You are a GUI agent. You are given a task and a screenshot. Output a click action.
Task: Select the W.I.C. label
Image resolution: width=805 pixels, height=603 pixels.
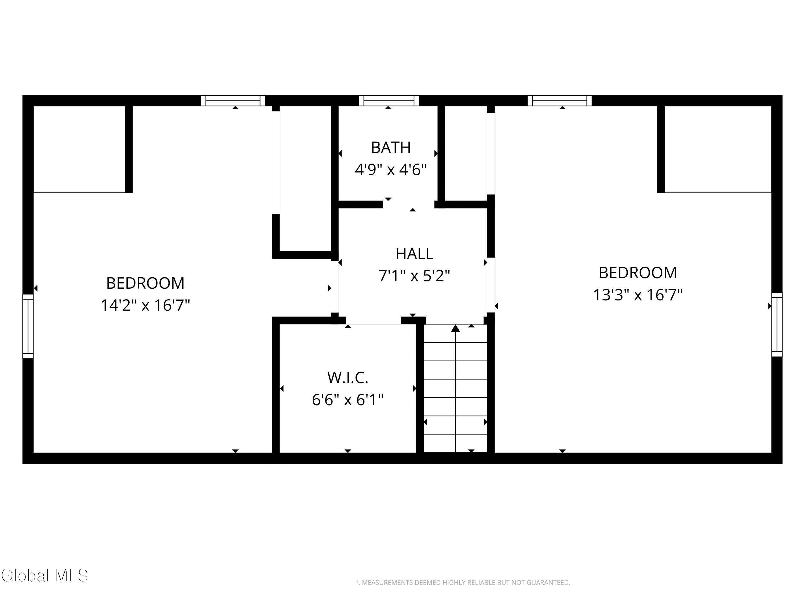[347, 378]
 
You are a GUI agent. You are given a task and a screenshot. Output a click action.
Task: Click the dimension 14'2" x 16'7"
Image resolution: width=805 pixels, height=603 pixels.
[145, 305]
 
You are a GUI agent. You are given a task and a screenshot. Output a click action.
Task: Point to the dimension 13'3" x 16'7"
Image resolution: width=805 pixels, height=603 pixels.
[638, 295]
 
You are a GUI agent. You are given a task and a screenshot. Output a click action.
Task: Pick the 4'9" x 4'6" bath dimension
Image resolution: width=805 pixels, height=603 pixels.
[390, 169]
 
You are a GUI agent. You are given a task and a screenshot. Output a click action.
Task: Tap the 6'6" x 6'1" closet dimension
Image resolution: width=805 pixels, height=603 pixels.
[347, 400]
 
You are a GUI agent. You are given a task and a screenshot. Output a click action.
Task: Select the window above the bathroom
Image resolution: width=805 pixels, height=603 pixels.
[389, 101]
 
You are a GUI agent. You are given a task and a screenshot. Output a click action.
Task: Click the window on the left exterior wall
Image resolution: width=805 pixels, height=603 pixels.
[28, 326]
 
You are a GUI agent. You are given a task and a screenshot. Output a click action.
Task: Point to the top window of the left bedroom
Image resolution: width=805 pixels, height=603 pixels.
[233, 101]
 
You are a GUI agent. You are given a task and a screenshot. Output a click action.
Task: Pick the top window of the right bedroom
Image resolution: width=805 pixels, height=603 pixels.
[559, 101]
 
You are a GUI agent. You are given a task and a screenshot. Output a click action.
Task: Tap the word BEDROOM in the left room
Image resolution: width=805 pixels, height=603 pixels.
[145, 284]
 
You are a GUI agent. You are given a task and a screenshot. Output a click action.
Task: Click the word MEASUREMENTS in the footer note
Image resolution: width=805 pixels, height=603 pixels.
[387, 583]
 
